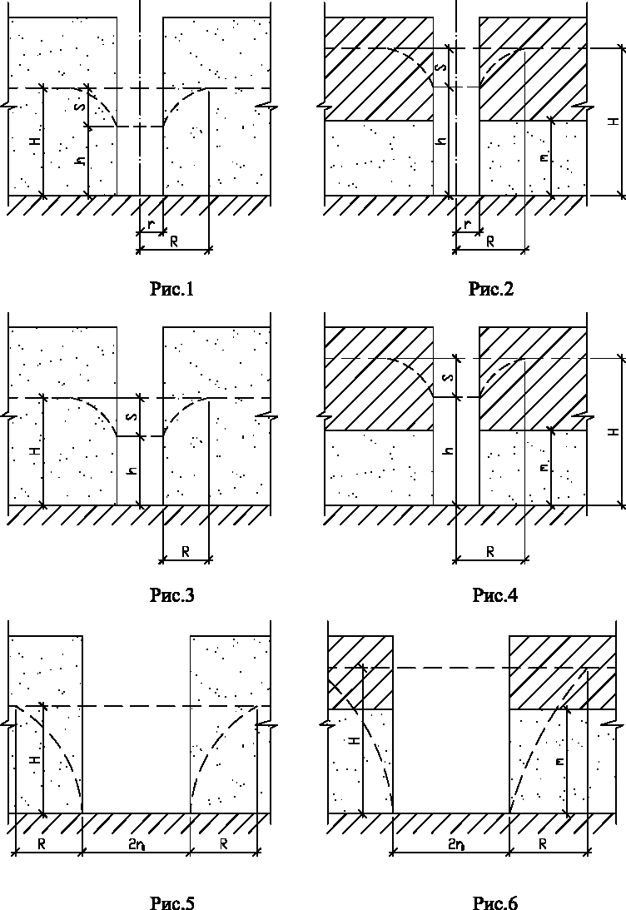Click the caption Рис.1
pyautogui.click(x=171, y=288)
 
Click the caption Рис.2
pyautogui.click(x=491, y=288)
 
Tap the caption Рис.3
pyautogui.click(x=171, y=594)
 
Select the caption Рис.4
pyautogui.click(x=494, y=594)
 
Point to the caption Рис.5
pyautogui.click(x=171, y=903)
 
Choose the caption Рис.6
pyautogui.click(x=494, y=903)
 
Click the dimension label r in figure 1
pyautogui.click(x=151, y=223)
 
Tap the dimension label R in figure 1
pyautogui.click(x=173, y=241)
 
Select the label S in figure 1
pyautogui.click(x=82, y=107)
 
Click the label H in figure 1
pyautogui.click(x=36, y=141)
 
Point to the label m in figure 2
pyautogui.click(x=544, y=157)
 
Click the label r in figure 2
pyautogui.click(x=468, y=223)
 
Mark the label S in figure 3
pyautogui.click(x=132, y=416)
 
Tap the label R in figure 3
pyautogui.click(x=186, y=551)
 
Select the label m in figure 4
pyautogui.click(x=544, y=467)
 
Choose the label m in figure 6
pyautogui.click(x=559, y=761)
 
